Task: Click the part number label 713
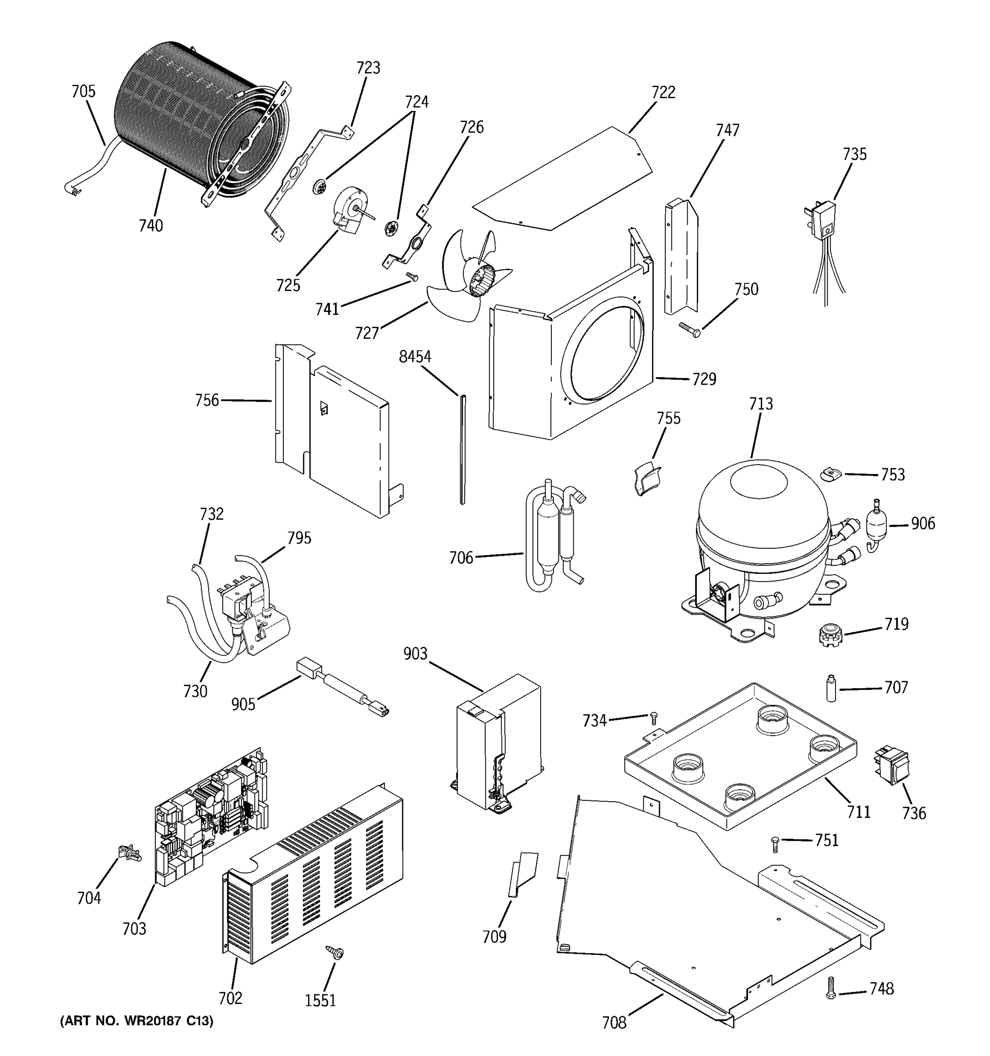click(761, 404)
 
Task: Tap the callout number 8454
click(415, 357)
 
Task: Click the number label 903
click(415, 654)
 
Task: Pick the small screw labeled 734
click(654, 718)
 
